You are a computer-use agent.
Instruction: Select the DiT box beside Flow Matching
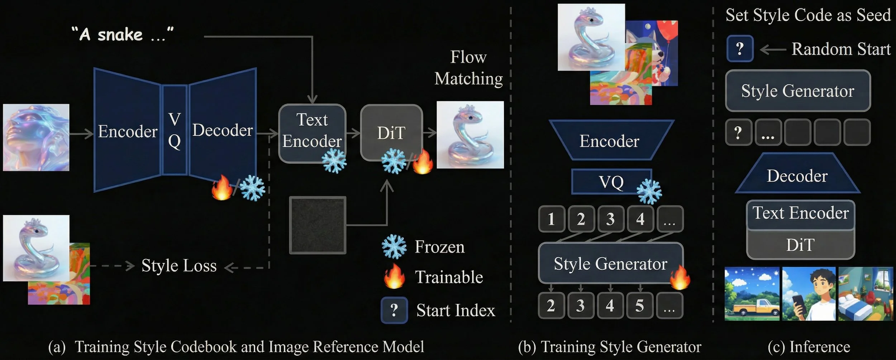point(391,133)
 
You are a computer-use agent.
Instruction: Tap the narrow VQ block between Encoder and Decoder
point(175,130)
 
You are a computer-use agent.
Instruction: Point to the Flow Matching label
point(468,68)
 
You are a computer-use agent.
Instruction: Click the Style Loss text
point(179,266)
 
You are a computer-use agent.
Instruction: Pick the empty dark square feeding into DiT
point(318,225)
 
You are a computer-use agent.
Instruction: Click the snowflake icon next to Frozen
point(394,246)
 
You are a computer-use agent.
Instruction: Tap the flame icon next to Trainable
point(394,277)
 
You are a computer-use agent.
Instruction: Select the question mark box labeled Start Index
point(394,310)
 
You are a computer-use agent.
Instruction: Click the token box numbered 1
point(551,219)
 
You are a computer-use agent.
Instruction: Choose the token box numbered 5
point(639,306)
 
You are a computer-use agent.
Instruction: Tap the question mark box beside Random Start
point(740,49)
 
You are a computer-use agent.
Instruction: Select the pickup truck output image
point(752,294)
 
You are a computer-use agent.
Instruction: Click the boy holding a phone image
point(809,294)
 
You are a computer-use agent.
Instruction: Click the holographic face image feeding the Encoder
point(36,137)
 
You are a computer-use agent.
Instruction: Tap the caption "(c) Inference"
point(809,347)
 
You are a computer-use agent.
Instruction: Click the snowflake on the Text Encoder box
point(334,161)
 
